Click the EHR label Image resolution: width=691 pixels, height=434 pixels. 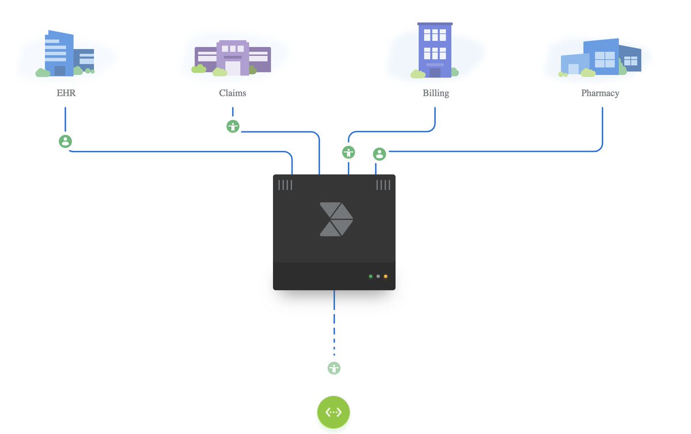tap(66, 93)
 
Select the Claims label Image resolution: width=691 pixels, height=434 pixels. tap(233, 93)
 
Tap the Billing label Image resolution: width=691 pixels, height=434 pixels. tap(435, 93)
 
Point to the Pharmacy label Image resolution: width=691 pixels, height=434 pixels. tap(600, 93)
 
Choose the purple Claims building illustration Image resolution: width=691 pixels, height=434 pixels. tap(233, 58)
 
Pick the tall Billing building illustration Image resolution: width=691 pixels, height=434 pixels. tap(435, 50)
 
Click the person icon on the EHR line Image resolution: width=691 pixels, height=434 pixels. tap(66, 141)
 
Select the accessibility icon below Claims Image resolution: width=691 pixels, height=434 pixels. tap(233, 127)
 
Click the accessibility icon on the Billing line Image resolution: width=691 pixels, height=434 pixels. tap(348, 153)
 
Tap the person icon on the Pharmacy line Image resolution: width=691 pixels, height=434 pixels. tap(379, 154)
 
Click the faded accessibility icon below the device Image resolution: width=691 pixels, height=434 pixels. tap(334, 368)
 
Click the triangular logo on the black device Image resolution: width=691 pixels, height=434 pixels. tap(336, 219)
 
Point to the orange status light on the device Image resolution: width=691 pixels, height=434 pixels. tap(386, 277)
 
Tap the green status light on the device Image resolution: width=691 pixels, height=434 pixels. tap(370, 277)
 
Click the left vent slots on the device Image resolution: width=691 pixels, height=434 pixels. tap(285, 185)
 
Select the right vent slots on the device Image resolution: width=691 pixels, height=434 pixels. tap(383, 185)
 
